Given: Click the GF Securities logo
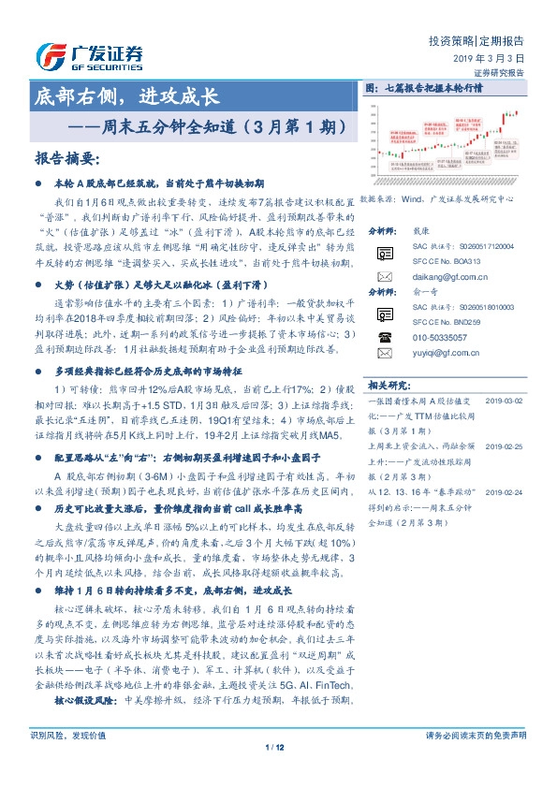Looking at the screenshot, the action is tap(89, 54).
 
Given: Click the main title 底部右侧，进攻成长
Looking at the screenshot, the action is tap(125, 96).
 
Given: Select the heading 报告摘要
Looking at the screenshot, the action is tap(66, 159).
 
